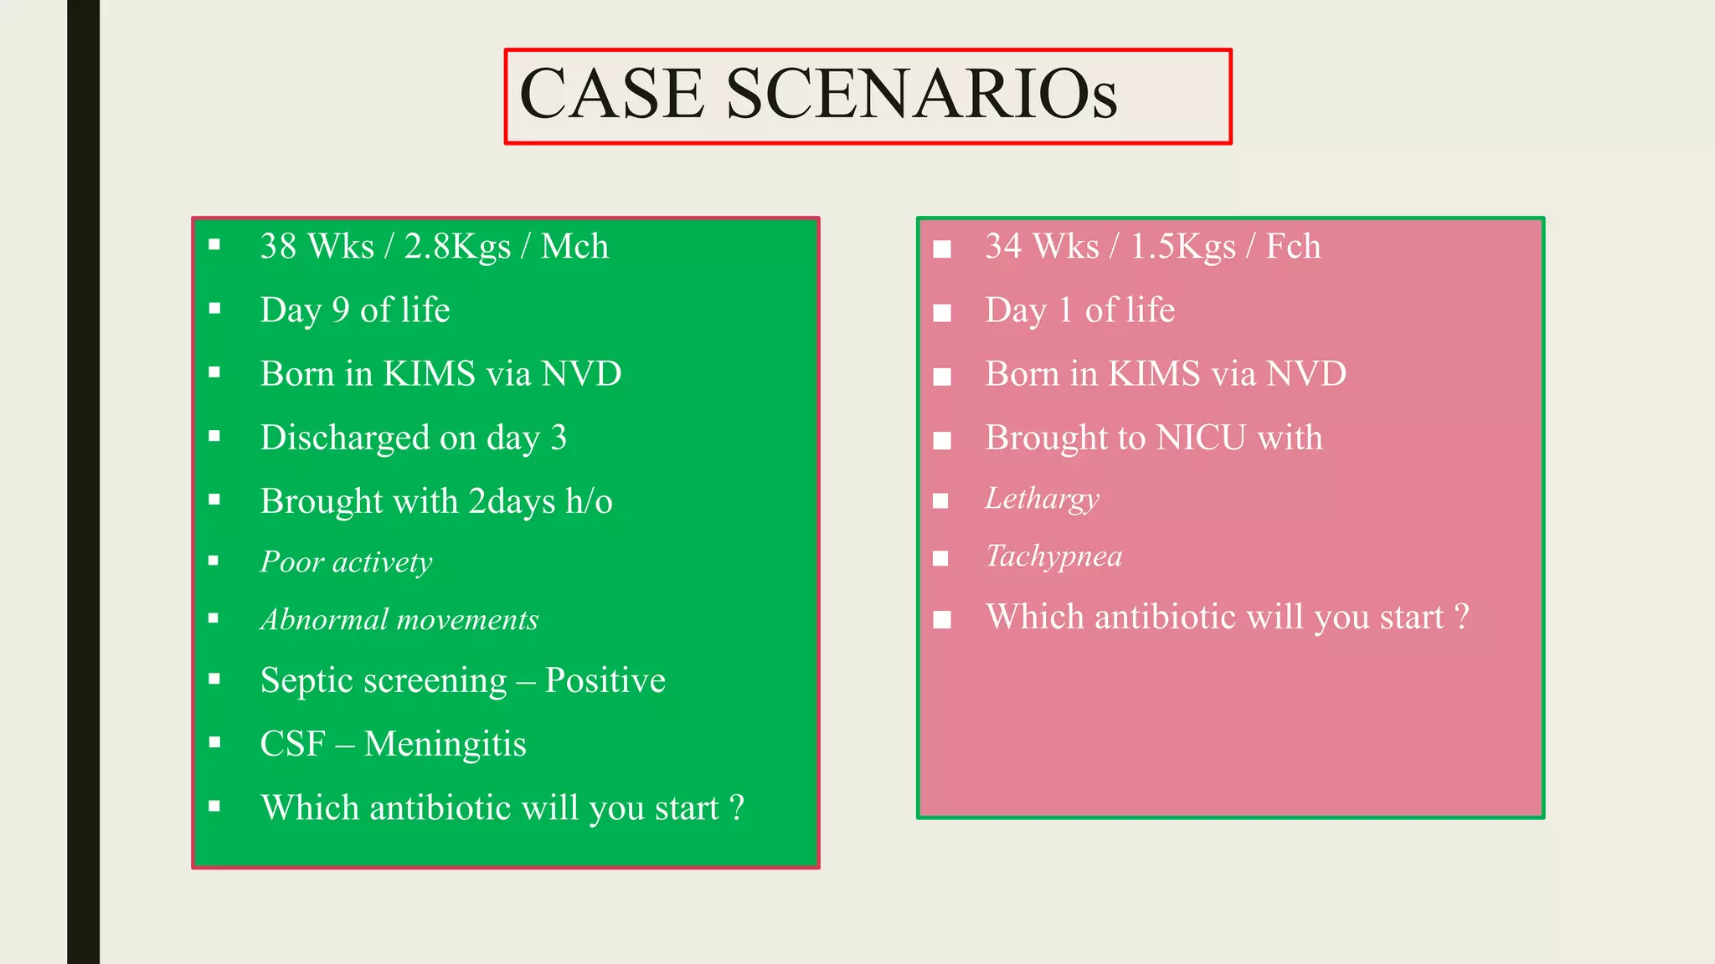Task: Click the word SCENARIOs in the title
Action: point(921,94)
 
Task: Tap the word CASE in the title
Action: point(612,94)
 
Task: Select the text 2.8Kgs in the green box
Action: point(457,247)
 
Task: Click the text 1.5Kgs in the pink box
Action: point(1182,247)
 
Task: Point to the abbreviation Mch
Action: point(574,247)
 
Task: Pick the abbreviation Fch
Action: point(1293,247)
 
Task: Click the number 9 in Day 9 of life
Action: point(340,310)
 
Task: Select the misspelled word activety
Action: point(382,561)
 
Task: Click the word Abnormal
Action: point(323,619)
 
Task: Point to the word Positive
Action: point(605,680)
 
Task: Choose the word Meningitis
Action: point(445,744)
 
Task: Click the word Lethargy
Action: point(1042,499)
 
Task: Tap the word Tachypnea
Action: point(1053,556)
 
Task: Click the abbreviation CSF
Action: point(292,744)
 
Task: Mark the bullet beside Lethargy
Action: point(941,500)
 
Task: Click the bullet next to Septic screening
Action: point(214,679)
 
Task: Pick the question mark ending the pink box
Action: point(1462,618)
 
